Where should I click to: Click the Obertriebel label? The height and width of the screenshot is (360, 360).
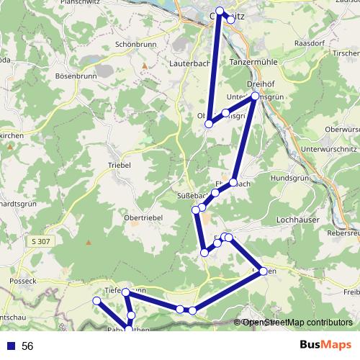click(x=143, y=217)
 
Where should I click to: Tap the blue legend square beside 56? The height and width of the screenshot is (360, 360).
click(x=9, y=346)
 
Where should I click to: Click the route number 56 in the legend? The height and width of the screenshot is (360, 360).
click(x=27, y=346)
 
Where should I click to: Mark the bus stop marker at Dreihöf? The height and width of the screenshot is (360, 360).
click(x=254, y=96)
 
